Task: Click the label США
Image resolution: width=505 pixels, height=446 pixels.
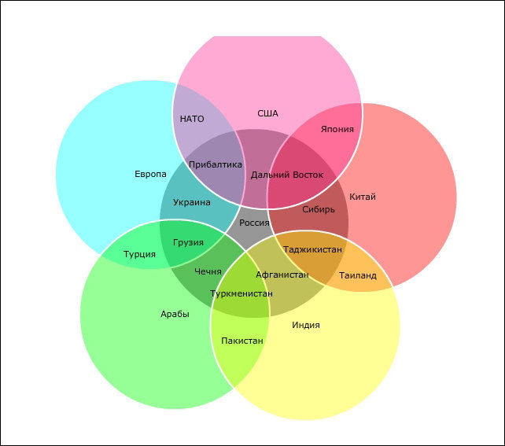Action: pyautogui.click(x=267, y=113)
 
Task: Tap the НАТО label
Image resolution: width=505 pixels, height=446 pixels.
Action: pyautogui.click(x=192, y=120)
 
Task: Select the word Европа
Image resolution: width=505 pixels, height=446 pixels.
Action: pyautogui.click(x=150, y=174)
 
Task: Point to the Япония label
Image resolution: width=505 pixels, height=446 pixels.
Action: pyautogui.click(x=337, y=129)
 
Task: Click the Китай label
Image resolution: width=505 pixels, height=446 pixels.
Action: pyautogui.click(x=363, y=197)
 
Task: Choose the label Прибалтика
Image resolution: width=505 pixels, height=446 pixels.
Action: pyautogui.click(x=216, y=164)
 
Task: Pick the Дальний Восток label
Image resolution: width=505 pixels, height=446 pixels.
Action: pyautogui.click(x=287, y=175)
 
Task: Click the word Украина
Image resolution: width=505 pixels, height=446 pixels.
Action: pyautogui.click(x=192, y=202)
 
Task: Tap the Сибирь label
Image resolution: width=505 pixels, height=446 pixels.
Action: pyautogui.click(x=319, y=209)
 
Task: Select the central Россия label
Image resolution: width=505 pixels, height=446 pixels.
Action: pyautogui.click(x=254, y=223)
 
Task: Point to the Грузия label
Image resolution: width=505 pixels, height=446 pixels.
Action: pyautogui.click(x=188, y=242)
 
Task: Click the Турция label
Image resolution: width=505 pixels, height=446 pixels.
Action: pyautogui.click(x=139, y=254)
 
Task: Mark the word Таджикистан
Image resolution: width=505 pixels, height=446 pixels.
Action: pyautogui.click(x=312, y=249)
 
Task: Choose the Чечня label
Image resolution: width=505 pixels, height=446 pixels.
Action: pyautogui.click(x=208, y=271)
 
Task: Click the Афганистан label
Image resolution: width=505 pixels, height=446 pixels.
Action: pyautogui.click(x=282, y=275)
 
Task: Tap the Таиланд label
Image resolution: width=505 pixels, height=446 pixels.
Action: pyautogui.click(x=358, y=275)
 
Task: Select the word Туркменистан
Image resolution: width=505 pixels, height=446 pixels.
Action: pyautogui.click(x=241, y=293)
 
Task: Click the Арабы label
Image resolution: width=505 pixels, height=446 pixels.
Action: pyautogui.click(x=175, y=314)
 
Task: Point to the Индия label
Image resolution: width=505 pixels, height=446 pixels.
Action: pyautogui.click(x=306, y=325)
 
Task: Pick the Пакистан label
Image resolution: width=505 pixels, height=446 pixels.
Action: pyautogui.click(x=242, y=341)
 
